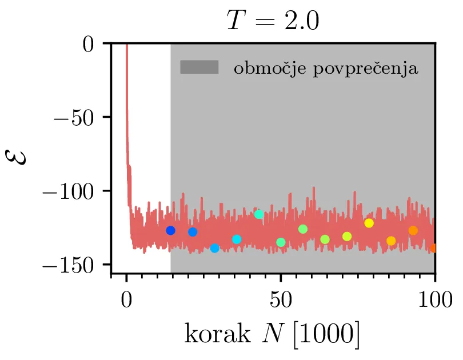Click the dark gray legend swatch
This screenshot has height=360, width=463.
[199, 67]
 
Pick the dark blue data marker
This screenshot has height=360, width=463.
[170, 230]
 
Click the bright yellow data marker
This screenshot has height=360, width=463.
[369, 223]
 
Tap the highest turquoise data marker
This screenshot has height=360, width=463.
[259, 214]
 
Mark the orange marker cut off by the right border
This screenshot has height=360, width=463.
[433, 248]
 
